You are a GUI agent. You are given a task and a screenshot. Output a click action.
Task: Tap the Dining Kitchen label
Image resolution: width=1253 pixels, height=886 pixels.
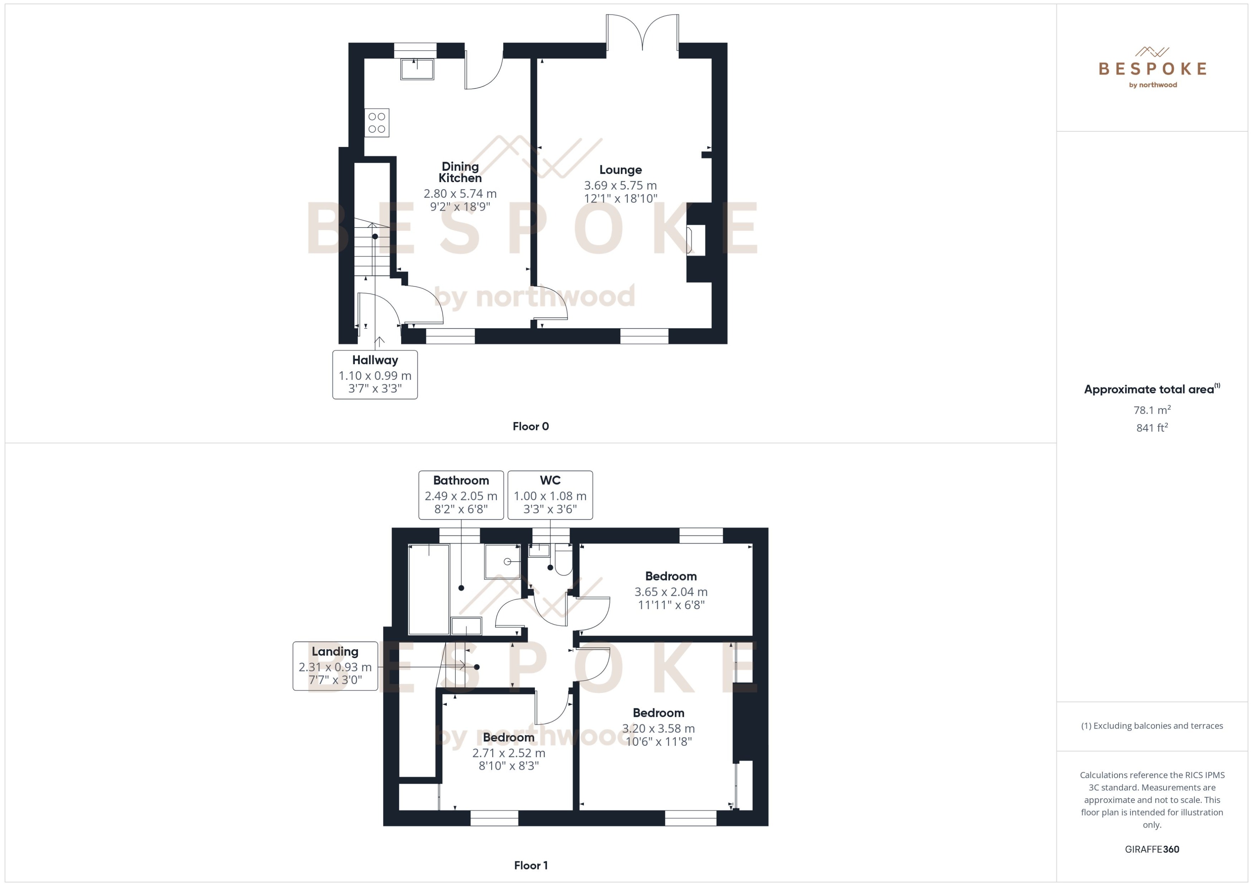460,172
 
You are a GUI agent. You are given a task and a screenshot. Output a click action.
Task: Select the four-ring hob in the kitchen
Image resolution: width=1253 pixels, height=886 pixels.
377,123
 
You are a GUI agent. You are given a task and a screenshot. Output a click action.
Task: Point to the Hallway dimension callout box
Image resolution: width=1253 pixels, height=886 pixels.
375,375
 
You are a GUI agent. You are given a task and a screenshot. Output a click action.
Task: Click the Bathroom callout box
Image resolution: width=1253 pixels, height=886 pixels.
461,495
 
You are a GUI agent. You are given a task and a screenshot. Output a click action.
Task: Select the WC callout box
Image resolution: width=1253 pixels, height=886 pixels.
550,495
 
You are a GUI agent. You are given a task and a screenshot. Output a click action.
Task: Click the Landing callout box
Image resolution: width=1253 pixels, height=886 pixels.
335,666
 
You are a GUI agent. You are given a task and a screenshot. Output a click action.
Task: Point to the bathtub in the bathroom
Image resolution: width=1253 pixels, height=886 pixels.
429,589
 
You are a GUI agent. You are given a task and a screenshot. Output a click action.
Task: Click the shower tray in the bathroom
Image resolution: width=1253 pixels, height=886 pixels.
502,561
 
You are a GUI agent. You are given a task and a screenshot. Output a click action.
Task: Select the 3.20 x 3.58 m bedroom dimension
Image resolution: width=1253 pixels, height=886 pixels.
658,728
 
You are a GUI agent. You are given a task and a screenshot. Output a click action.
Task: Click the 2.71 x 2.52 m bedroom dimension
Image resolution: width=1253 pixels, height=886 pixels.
508,753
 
